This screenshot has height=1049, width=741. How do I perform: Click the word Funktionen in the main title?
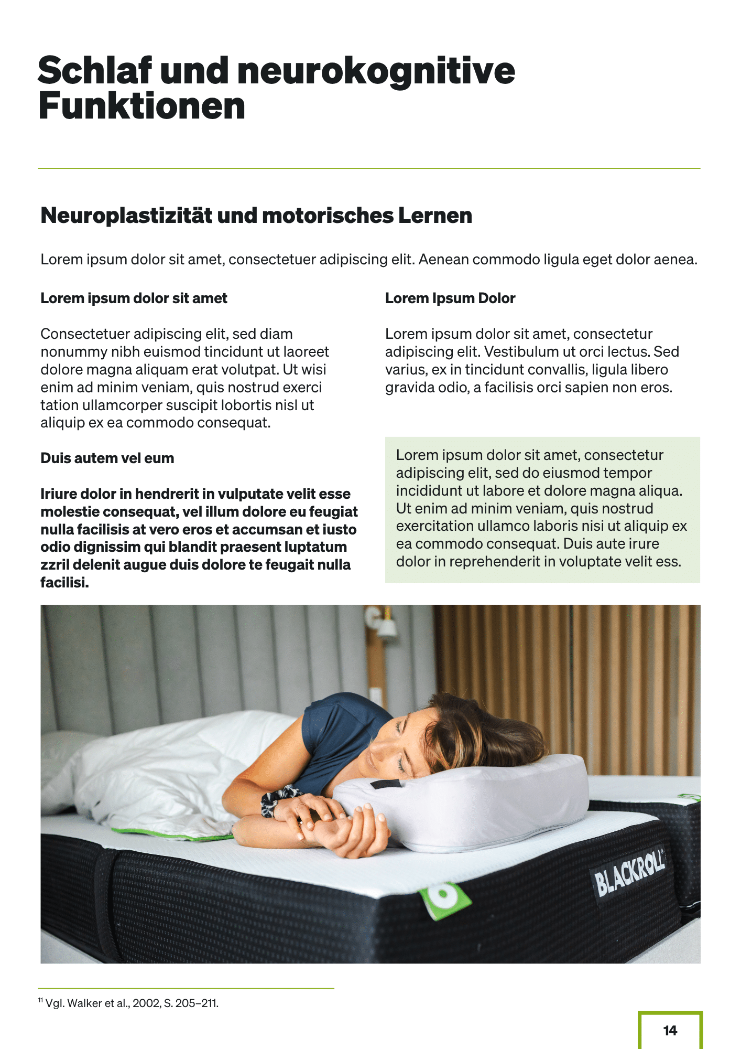tap(141, 106)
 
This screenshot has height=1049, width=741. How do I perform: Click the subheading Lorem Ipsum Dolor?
tap(450, 298)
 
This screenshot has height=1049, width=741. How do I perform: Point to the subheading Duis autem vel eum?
tap(107, 458)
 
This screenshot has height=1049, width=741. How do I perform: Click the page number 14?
tap(670, 1031)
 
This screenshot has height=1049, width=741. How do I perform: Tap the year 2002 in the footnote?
tap(146, 1003)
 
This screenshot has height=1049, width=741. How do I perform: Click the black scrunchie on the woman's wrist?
tap(275, 799)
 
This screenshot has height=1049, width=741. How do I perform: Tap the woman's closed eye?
tap(401, 765)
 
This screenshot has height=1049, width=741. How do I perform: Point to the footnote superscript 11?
tap(41, 1000)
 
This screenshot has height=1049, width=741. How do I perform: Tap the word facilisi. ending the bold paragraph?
tap(64, 583)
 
